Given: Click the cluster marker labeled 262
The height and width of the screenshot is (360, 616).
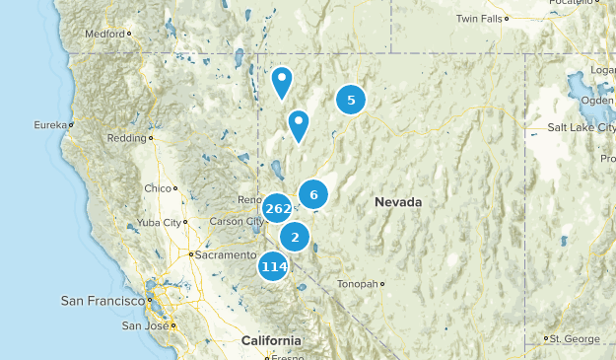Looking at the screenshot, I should click(x=277, y=208).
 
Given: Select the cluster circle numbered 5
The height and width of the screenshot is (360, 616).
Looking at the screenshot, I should click(x=351, y=99).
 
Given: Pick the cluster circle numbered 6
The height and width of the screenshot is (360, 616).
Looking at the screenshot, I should click(x=313, y=194).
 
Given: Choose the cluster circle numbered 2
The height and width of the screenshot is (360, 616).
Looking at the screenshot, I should click(x=295, y=237).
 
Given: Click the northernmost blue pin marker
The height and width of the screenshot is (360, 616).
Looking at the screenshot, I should click(x=282, y=81).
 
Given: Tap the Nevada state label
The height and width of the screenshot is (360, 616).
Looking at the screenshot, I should click(x=398, y=202).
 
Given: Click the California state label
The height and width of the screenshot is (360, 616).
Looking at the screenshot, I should click(x=271, y=340).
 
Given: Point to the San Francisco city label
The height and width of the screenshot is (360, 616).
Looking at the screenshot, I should click(x=101, y=301).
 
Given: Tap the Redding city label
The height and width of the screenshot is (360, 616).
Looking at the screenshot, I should click(x=127, y=138).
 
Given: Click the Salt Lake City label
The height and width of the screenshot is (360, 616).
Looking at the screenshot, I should click(x=581, y=128).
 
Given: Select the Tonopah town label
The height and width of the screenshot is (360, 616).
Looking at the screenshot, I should click(x=358, y=284).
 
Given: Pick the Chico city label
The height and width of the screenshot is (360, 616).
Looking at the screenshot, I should click(x=157, y=187).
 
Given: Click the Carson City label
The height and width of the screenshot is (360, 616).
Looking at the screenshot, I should click(x=234, y=221).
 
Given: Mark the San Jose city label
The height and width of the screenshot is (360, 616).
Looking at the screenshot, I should click(x=144, y=325).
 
